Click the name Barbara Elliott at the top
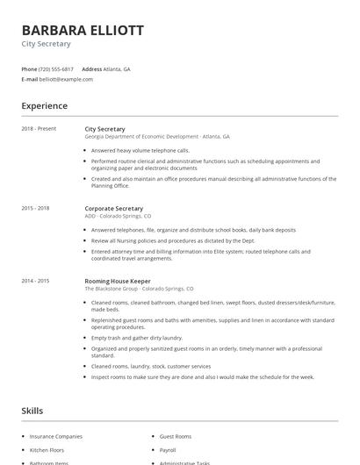(x=83, y=30)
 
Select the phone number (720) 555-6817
(x=56, y=68)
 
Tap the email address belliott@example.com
(x=66, y=79)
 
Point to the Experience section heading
(x=44, y=106)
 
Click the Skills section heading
(x=32, y=411)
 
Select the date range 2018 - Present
(x=39, y=129)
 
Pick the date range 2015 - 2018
(x=35, y=208)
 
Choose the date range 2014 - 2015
(x=35, y=281)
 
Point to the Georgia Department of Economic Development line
(x=157, y=137)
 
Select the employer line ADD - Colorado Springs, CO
(x=118, y=216)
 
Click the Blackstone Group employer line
(x=139, y=289)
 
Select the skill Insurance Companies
(x=56, y=436)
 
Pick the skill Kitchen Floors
(x=47, y=449)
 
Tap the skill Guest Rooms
(x=176, y=436)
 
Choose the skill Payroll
(x=168, y=449)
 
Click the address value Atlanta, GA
(x=117, y=68)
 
